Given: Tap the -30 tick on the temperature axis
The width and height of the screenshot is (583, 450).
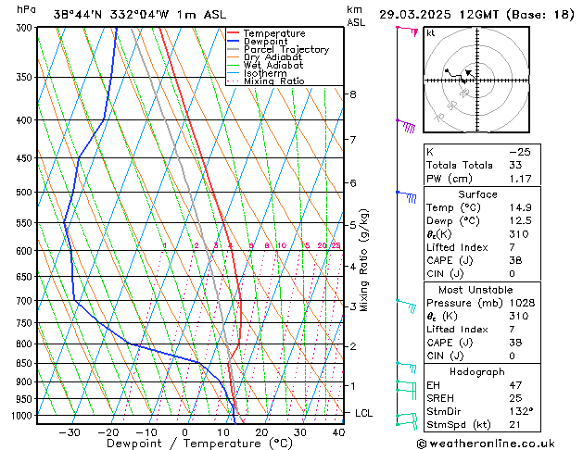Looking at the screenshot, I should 70,432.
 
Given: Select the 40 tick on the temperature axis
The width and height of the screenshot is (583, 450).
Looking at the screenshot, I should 337,432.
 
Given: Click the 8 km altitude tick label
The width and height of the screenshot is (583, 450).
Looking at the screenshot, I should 352,94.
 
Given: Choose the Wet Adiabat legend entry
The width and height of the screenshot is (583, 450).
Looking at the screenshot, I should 273,65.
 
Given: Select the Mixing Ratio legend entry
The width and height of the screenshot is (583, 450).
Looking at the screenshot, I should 273,81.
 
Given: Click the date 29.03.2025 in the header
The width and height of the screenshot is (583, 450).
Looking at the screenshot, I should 416,15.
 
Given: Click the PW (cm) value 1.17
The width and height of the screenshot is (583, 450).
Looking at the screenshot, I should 520,179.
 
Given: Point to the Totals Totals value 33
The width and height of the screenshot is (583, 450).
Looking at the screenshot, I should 515,165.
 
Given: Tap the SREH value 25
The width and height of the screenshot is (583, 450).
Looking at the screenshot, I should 515,397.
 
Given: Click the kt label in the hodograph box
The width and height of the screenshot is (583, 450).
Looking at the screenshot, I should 431,33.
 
